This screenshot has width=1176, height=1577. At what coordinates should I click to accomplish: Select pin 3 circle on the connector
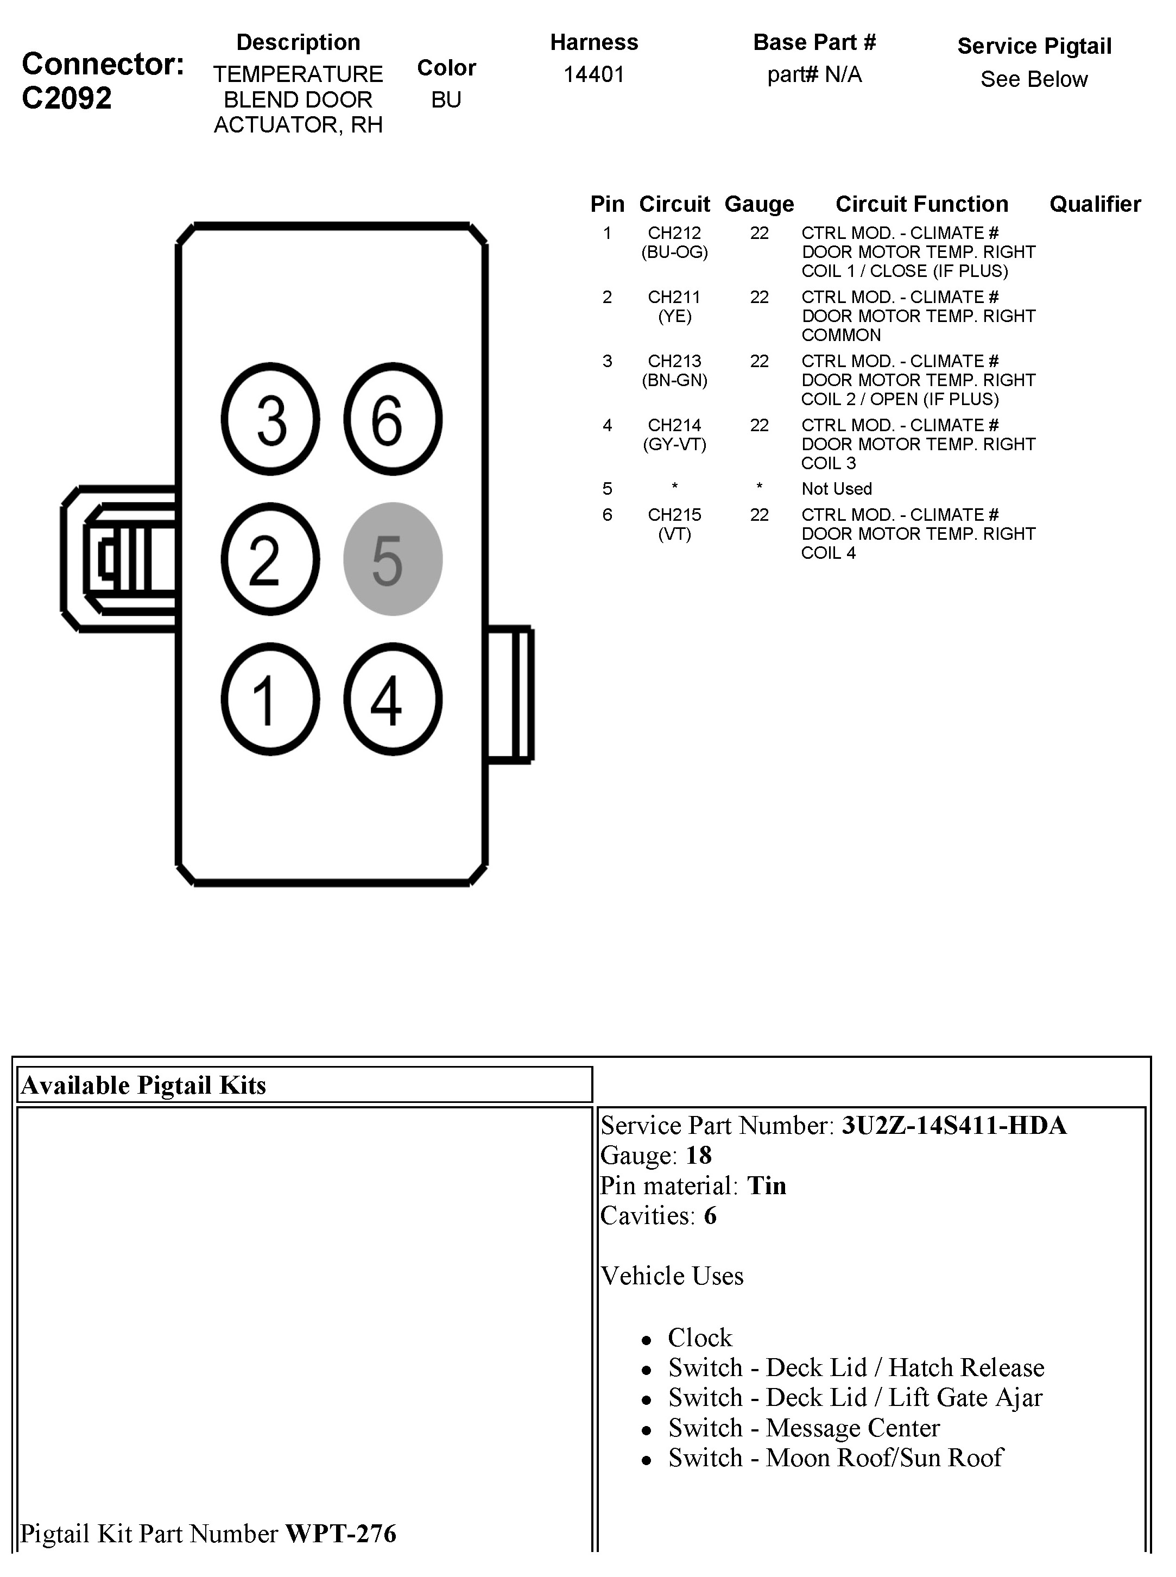point(270,419)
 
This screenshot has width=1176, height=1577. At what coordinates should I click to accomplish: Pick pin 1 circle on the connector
point(270,698)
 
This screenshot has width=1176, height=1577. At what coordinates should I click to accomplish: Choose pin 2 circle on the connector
point(270,559)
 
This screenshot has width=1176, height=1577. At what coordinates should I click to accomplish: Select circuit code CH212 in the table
point(674,233)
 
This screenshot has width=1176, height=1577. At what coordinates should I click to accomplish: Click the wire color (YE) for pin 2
point(674,316)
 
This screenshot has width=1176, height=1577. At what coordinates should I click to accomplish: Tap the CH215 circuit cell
point(674,514)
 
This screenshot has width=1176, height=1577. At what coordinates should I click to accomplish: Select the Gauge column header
point(759,204)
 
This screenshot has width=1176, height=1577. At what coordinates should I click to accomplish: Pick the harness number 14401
point(593,74)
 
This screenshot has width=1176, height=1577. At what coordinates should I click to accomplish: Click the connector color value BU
point(446,100)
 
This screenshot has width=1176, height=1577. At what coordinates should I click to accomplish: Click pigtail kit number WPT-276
point(340,1533)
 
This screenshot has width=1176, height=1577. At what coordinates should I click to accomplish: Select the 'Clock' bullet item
point(699,1337)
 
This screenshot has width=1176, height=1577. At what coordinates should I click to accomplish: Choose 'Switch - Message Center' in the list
point(803,1428)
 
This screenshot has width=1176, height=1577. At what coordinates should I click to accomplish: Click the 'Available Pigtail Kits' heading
point(144,1085)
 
